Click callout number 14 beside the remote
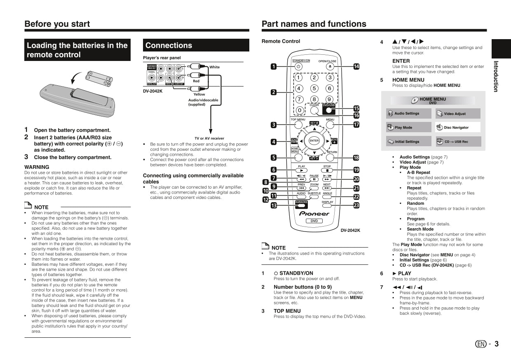(356, 67)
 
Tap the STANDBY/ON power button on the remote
(299, 67)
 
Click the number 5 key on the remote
(314, 88)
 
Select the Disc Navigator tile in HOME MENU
(458, 127)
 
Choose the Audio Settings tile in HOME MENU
(408, 114)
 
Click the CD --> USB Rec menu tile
(458, 141)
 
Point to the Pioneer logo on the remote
(314, 213)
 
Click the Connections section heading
(169, 45)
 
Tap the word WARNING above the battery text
(37, 167)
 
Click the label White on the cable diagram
(214, 67)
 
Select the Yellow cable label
(199, 94)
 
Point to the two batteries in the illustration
(98, 78)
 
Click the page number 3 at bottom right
(496, 344)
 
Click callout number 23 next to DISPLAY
(356, 205)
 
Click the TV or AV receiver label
(209, 138)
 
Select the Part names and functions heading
(314, 24)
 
